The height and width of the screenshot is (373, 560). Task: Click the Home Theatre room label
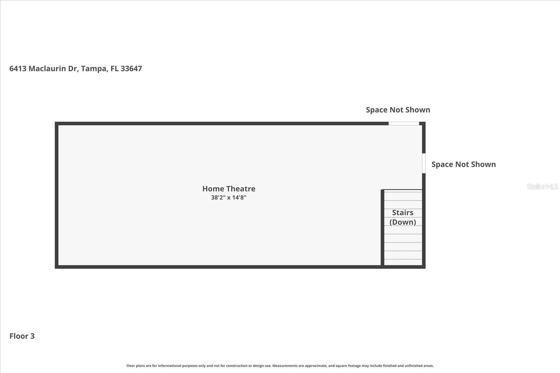click(x=229, y=189)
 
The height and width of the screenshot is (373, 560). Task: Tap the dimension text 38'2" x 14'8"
click(x=229, y=198)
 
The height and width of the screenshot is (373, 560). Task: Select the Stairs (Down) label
click(x=402, y=217)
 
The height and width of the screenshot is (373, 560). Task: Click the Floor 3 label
click(x=22, y=336)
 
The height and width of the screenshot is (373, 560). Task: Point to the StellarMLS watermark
click(x=542, y=187)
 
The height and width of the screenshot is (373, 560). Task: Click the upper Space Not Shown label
click(x=398, y=110)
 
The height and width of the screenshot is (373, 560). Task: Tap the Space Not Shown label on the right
click(x=463, y=164)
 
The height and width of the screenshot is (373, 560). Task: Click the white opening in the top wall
click(x=404, y=123)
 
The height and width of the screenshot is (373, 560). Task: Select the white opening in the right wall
click(x=423, y=163)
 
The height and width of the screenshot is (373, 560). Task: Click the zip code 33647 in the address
click(x=131, y=69)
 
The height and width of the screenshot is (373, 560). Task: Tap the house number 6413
click(x=18, y=69)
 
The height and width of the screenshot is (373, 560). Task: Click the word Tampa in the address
click(x=93, y=69)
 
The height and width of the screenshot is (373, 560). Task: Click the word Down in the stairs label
click(x=403, y=222)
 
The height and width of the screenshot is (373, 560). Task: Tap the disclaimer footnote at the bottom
click(x=280, y=366)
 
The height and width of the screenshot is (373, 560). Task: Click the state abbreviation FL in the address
click(x=114, y=69)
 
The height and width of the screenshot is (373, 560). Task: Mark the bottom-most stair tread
click(x=403, y=262)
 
